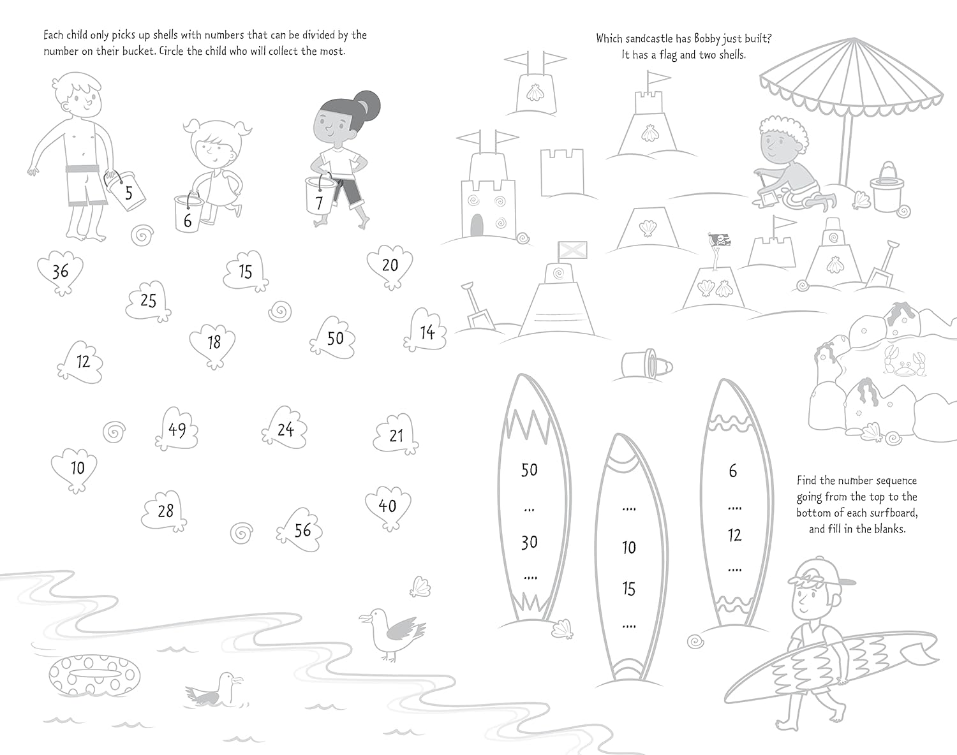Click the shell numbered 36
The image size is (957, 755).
point(60,272)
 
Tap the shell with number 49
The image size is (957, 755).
point(177,430)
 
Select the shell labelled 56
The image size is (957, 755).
point(301,530)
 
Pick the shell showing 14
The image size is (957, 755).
point(426,332)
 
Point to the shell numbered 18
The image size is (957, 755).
point(213,344)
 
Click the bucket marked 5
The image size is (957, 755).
point(127,191)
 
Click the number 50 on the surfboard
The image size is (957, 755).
point(529,470)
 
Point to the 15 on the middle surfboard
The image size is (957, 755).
point(629,589)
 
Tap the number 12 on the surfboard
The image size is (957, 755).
point(734,536)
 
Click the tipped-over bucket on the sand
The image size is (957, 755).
point(648,365)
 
